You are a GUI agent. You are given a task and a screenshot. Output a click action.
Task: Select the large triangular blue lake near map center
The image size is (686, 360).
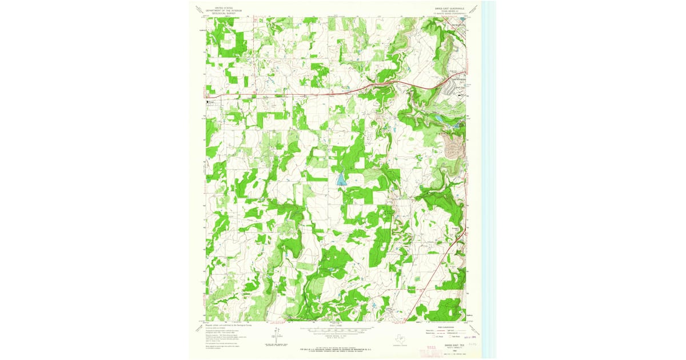click(x=341, y=180)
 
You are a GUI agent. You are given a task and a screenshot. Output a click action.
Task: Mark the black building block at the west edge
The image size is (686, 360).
click(x=209, y=102)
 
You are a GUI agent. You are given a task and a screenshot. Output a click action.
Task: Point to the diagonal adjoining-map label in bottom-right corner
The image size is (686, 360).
click(x=473, y=327)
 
